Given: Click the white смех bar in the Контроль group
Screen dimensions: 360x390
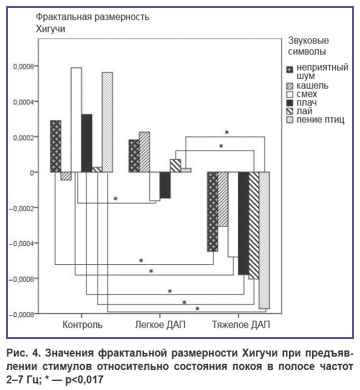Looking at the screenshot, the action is coord(76,120).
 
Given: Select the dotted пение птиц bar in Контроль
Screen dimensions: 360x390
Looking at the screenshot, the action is coord(107,122).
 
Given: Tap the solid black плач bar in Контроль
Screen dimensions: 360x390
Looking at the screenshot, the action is coord(87,143).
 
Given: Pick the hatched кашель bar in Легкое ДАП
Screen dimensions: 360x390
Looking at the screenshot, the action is coord(144,152).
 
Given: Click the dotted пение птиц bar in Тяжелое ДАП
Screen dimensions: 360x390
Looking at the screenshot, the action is coord(264,241).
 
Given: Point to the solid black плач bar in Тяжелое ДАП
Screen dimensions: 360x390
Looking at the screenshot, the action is coord(243,224).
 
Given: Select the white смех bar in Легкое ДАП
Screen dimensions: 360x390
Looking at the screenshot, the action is coord(155,186).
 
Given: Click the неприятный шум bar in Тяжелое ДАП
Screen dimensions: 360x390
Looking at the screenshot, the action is coord(212,211).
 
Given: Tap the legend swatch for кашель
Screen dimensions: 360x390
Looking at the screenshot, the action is coord(290,86).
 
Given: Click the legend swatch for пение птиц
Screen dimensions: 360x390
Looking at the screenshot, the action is coord(290,120).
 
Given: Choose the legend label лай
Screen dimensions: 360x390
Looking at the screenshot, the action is coord(304,111).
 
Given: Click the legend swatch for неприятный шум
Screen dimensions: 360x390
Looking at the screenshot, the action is coord(290,70).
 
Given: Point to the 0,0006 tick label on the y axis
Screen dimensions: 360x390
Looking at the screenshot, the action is coord(23,66).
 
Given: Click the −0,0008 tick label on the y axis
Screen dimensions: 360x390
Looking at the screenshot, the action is coord(21,315).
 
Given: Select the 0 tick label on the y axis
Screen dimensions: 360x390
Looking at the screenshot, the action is coord(32,173).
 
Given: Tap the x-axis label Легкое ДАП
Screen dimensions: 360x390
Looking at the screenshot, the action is coord(160,324).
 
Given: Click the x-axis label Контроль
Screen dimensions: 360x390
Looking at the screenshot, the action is coord(83,324).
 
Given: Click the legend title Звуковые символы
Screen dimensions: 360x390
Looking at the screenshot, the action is coord(308,46).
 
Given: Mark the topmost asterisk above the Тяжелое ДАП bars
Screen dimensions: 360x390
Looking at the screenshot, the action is coord(226,132).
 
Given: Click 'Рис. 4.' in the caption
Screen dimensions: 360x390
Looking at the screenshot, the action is coord(24,353).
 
